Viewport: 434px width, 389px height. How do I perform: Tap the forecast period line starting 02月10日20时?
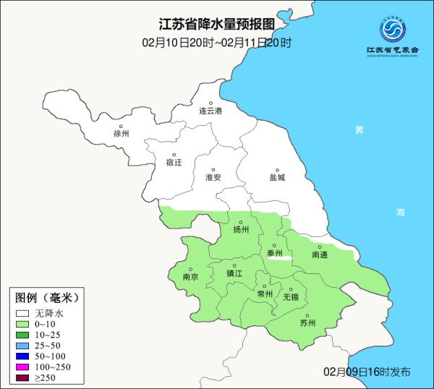pyautogui.click(x=217, y=43)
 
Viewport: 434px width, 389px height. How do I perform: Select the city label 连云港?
pyautogui.click(x=211, y=111)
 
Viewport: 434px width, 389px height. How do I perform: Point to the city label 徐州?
pyautogui.click(x=122, y=134)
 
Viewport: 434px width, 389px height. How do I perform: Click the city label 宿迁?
pyautogui.click(x=174, y=163)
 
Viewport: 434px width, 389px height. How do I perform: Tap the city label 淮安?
pyautogui.click(x=213, y=177)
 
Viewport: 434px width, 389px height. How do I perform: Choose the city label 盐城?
pyautogui.click(x=277, y=177)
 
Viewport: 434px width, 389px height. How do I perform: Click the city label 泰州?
pyautogui.click(x=275, y=253)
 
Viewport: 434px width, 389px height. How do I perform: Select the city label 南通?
pyautogui.click(x=320, y=255)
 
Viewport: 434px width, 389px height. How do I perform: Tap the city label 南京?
pyautogui.click(x=191, y=276)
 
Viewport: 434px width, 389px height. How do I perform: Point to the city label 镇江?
pyautogui.click(x=235, y=273)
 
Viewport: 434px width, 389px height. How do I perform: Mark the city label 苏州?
pyautogui.click(x=308, y=323)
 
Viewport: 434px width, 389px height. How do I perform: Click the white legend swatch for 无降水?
pyautogui.click(x=25, y=314)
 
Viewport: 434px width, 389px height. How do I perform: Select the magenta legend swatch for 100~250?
pyautogui.click(x=25, y=368)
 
